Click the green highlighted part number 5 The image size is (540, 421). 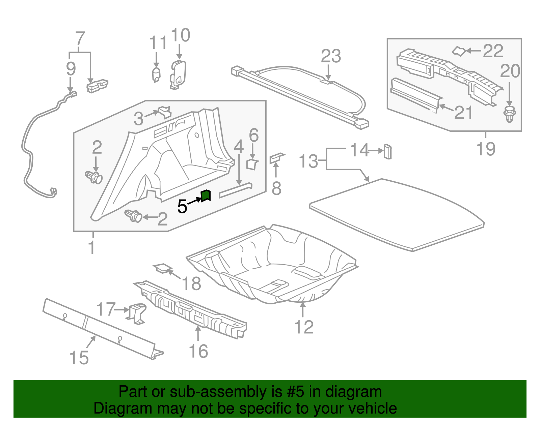pyautogui.click(x=206, y=196)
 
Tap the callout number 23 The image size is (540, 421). pyautogui.click(x=331, y=56)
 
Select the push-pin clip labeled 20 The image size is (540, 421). pyautogui.click(x=510, y=114)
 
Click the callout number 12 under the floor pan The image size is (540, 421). pyautogui.click(x=304, y=327)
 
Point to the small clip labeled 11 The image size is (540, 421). pyautogui.click(x=156, y=74)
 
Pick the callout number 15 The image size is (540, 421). pyautogui.click(x=79, y=358)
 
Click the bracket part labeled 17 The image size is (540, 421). pyautogui.click(x=137, y=312)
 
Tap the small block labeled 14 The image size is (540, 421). pyautogui.click(x=387, y=151)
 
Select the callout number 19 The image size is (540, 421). pyautogui.click(x=486, y=149)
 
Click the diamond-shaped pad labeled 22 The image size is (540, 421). pyautogui.click(x=459, y=51)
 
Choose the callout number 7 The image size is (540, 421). pyautogui.click(x=80, y=38)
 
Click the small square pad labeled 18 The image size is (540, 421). pyautogui.click(x=162, y=268)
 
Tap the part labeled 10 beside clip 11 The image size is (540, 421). pyautogui.click(x=178, y=75)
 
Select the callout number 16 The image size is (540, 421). pyautogui.click(x=198, y=351)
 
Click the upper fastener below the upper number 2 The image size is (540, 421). pyautogui.click(x=94, y=177)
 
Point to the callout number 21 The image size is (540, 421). pyautogui.click(x=463, y=113)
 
